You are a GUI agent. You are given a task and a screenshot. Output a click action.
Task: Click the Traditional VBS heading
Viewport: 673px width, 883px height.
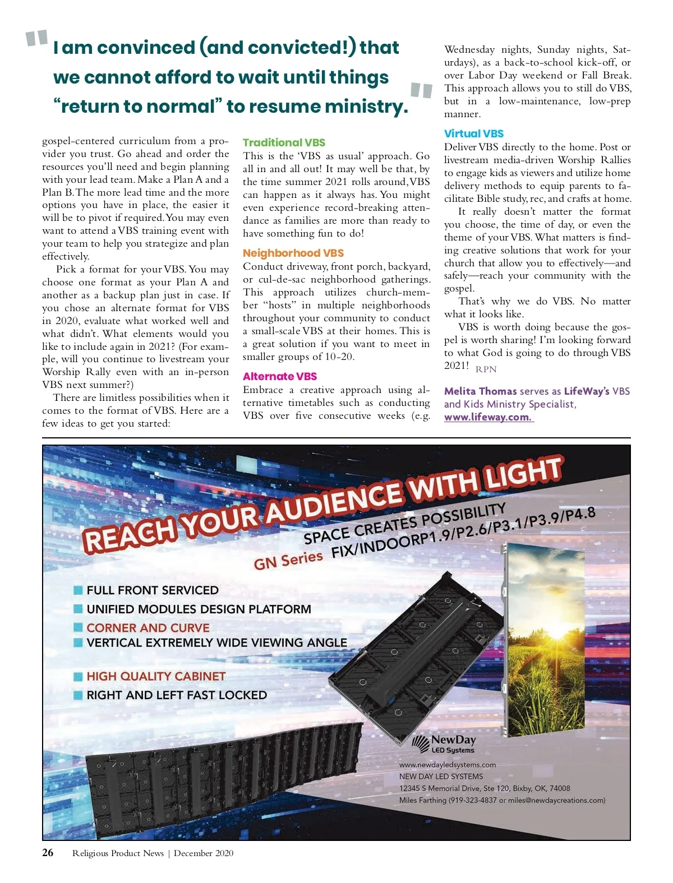tap(284, 142)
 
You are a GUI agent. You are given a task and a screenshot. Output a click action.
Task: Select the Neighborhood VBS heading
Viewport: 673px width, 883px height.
tap(293, 253)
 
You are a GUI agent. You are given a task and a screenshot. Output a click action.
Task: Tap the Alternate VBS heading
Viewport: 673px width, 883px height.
tap(280, 376)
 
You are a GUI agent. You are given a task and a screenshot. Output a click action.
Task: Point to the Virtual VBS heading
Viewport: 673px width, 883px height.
tap(474, 133)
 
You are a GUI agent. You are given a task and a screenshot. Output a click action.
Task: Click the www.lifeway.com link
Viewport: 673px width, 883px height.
tap(488, 417)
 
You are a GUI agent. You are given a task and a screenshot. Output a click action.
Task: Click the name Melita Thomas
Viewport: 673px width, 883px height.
tap(480, 391)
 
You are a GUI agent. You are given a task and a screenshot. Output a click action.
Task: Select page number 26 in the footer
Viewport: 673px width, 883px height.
tap(48, 853)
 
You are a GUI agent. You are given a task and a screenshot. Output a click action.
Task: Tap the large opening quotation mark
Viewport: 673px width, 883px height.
tap(37, 39)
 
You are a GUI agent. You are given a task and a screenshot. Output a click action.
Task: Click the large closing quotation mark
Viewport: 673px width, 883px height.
tap(421, 90)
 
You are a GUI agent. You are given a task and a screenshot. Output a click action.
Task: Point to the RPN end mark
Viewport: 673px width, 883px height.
tap(486, 369)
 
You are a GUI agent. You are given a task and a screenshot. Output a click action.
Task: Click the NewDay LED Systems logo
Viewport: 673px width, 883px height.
tap(444, 745)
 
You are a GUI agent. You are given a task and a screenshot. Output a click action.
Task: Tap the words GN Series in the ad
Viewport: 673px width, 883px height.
tap(288, 560)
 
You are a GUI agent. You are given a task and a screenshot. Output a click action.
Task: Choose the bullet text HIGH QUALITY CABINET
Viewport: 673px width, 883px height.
tap(156, 676)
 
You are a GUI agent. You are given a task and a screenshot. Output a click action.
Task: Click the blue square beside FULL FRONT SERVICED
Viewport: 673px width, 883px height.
tap(79, 590)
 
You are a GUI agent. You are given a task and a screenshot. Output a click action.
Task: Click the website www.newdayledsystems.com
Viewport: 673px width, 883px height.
tap(448, 765)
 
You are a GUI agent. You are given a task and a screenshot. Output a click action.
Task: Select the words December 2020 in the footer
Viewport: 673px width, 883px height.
tap(204, 853)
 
